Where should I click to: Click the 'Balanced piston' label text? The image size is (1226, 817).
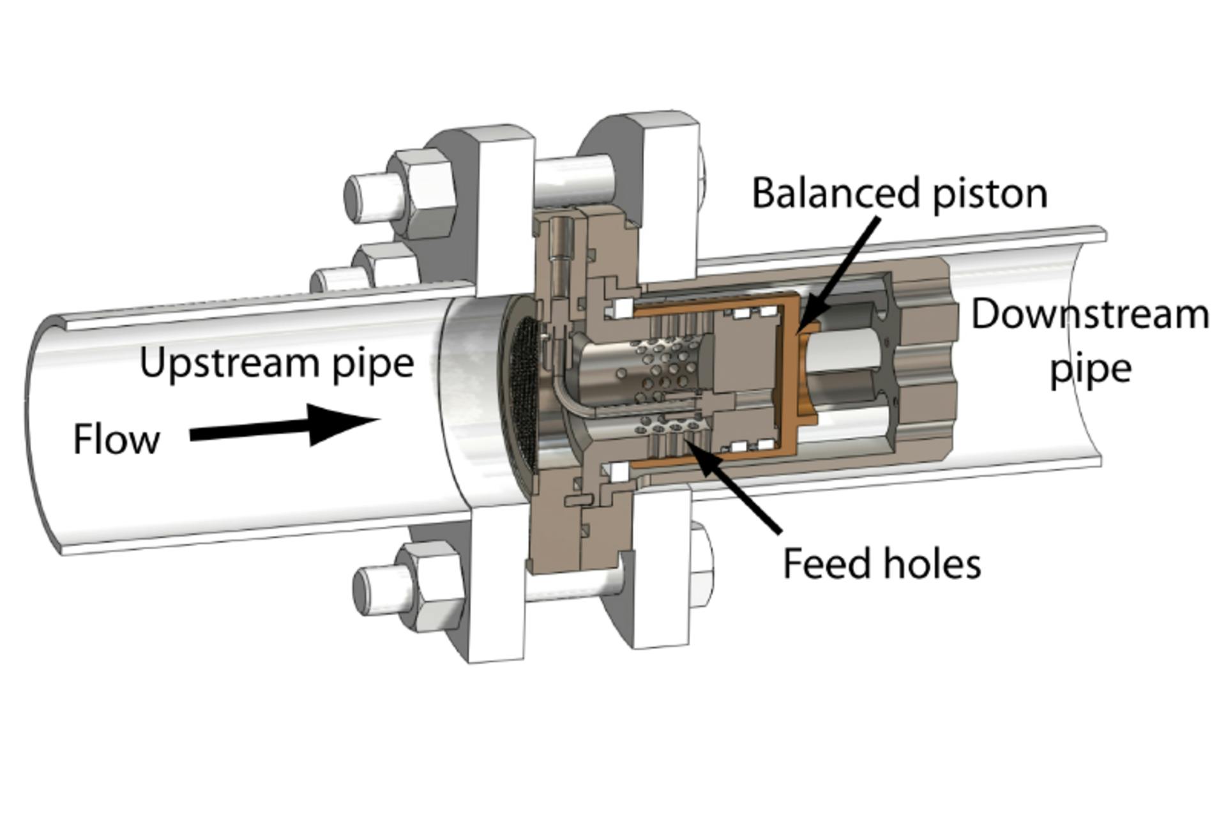899,193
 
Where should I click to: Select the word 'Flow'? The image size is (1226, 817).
116,439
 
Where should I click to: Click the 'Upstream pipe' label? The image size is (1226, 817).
276,363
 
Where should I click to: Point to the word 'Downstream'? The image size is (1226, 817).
1089,315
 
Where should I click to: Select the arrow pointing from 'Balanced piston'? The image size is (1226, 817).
836,272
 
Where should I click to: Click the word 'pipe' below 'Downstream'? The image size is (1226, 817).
1091,369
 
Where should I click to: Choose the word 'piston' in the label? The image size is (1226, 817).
990,193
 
